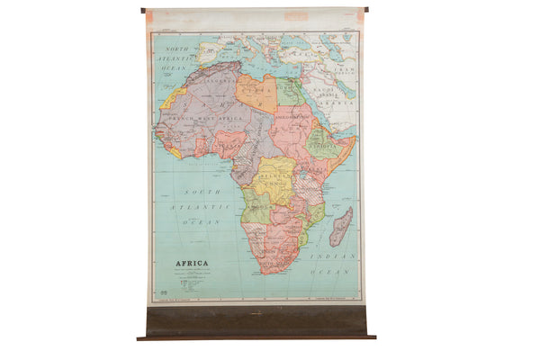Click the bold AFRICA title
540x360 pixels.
(x=190, y=265)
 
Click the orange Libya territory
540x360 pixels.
(x=256, y=93)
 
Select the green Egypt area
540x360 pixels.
(x=290, y=91)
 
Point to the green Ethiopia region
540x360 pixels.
(x=320, y=142)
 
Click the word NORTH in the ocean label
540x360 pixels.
(x=176, y=48)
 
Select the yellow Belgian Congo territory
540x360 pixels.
(x=274, y=180)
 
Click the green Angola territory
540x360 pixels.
(x=256, y=207)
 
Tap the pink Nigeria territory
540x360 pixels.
(x=229, y=142)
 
